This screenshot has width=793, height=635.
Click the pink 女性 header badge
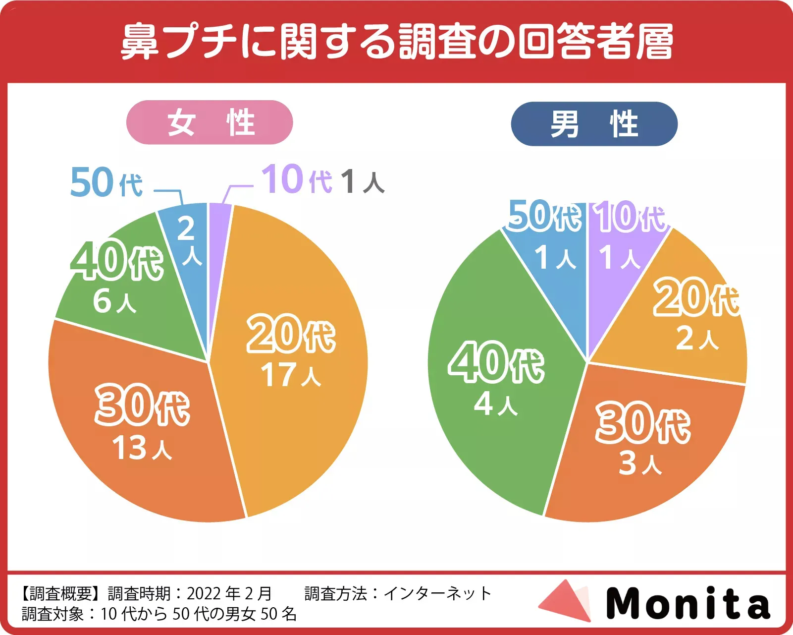tap(210, 122)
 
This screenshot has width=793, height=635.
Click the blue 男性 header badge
tap(594, 124)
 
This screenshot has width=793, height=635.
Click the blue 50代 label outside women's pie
tap(106, 182)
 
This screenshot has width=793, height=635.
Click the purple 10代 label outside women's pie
tap(296, 179)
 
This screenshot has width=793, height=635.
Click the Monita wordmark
tap(688, 603)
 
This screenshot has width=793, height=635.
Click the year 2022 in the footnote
tap(203, 593)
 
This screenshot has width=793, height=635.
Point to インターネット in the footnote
tap(437, 593)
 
